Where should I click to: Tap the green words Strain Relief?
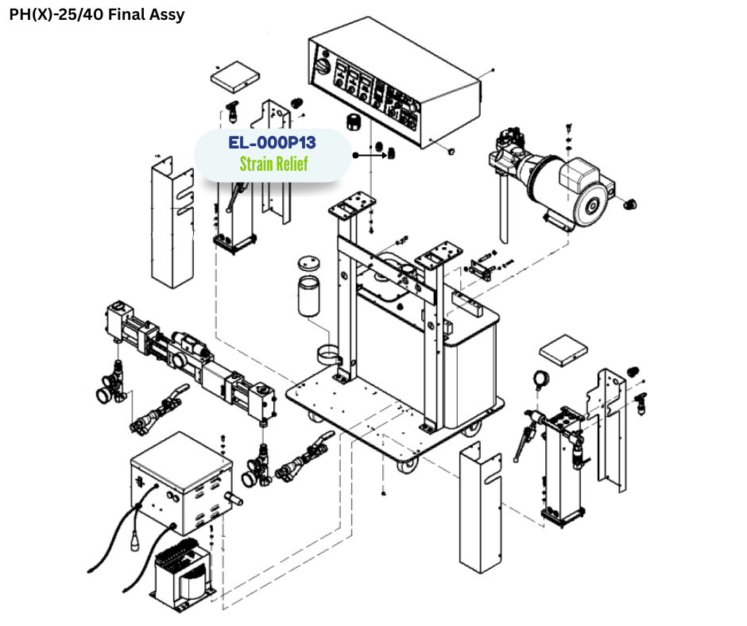point(273,164)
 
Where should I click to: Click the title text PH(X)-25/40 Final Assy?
point(96,14)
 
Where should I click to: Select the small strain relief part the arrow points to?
point(391,153)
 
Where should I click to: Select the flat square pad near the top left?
point(234,75)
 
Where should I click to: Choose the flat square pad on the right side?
point(563,350)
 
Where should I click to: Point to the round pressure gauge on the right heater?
point(544,379)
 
